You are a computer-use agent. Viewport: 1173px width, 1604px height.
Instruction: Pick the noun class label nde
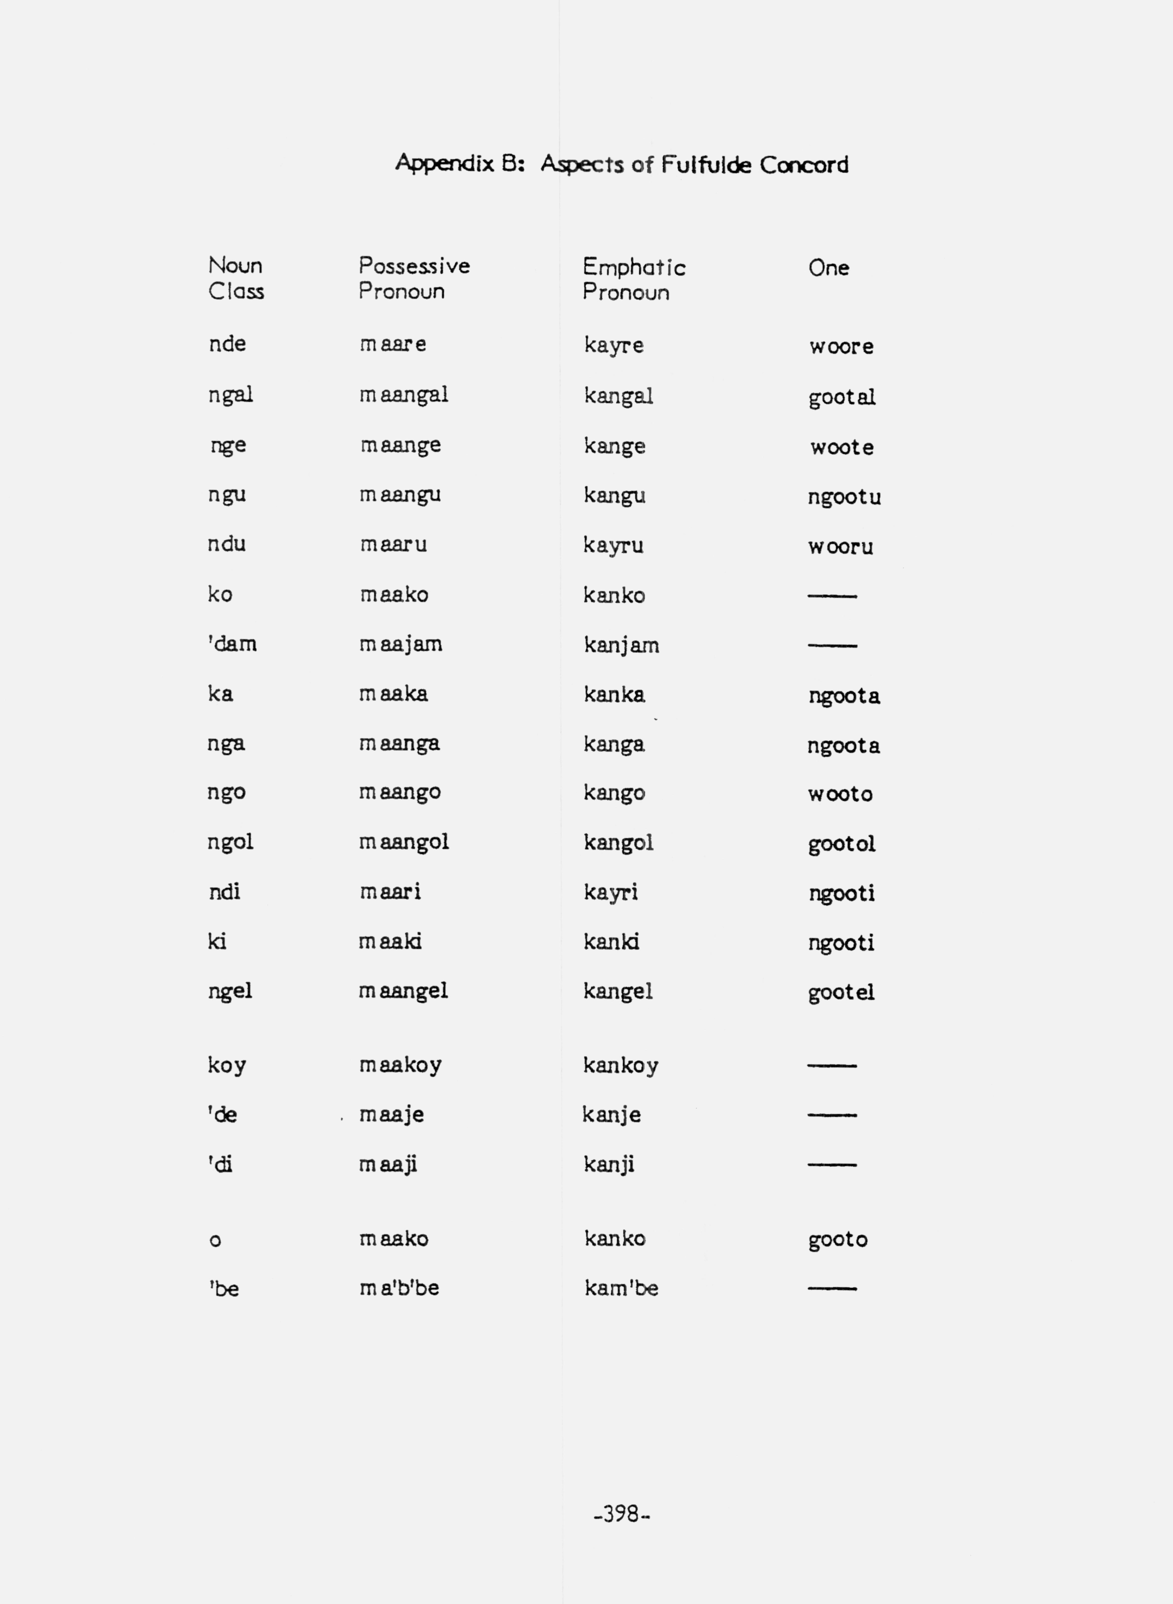tap(227, 344)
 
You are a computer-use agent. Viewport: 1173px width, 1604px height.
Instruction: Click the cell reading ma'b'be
tap(399, 1288)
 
